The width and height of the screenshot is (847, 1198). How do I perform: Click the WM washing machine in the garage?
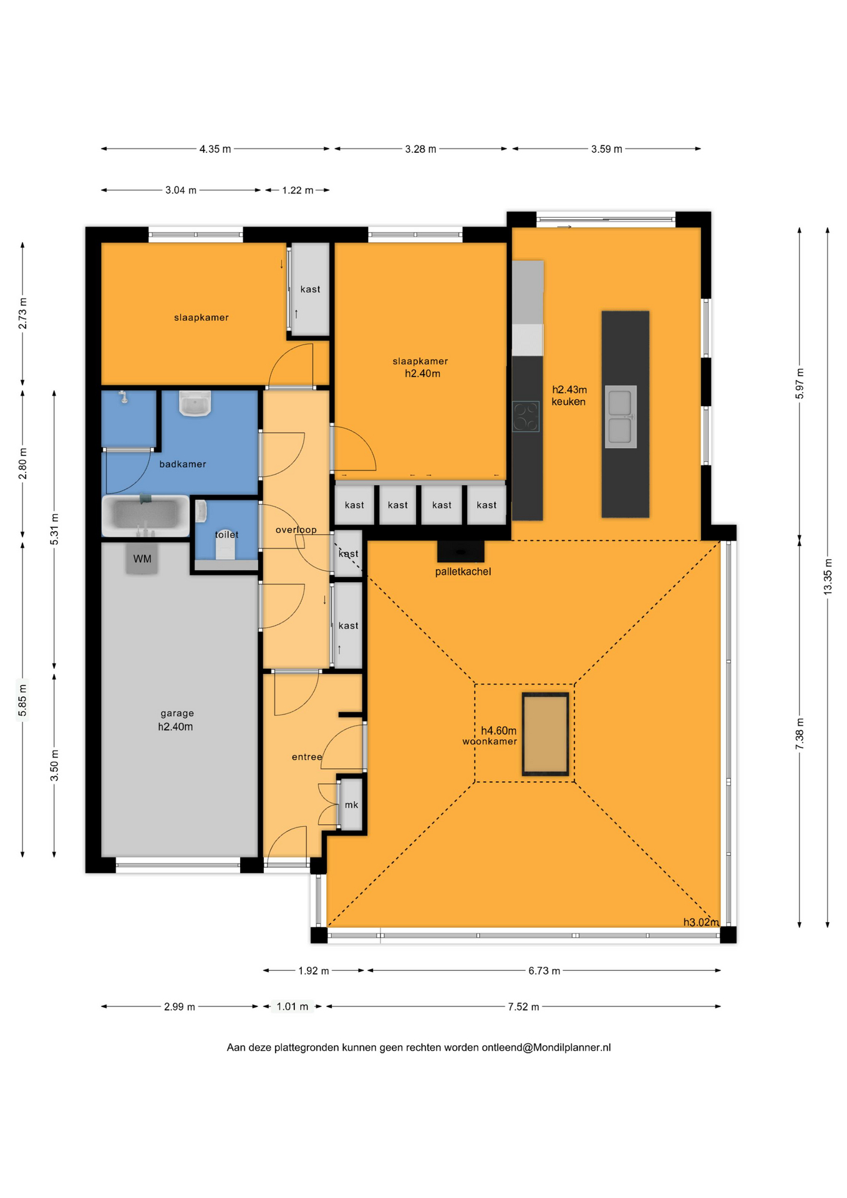(142, 558)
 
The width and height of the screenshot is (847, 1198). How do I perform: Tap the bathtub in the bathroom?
(145, 516)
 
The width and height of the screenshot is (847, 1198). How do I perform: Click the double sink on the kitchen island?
(621, 417)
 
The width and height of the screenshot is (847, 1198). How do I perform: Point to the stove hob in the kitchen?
(526, 416)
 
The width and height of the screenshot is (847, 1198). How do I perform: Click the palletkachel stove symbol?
(460, 552)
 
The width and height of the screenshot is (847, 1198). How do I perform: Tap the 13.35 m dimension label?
(828, 577)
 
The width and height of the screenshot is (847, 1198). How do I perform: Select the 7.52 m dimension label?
(523, 1006)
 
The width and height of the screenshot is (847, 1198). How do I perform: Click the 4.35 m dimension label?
(215, 149)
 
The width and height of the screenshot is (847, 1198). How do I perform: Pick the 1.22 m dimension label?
(298, 190)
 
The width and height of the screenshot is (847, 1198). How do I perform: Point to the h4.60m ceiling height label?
(498, 731)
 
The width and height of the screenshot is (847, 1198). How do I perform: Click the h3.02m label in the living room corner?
(701, 922)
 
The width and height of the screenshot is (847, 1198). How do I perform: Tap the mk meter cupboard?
(351, 805)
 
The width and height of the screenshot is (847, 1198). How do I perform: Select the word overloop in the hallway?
(296, 530)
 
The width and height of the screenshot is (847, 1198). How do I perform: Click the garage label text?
(177, 713)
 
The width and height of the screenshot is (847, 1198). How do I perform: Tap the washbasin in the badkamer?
(195, 403)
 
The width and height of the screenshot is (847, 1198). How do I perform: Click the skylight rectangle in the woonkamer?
(546, 734)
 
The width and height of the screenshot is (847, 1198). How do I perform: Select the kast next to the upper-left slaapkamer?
(310, 289)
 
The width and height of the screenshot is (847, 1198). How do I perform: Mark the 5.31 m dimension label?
(54, 529)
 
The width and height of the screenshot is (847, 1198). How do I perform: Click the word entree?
(307, 757)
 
